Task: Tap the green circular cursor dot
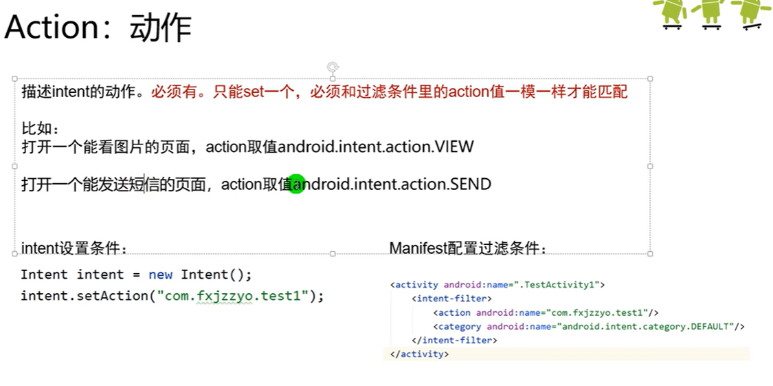click(x=296, y=184)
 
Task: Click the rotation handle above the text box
click(x=333, y=67)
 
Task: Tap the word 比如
click(x=41, y=129)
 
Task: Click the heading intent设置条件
click(x=74, y=248)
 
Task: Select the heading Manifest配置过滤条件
click(x=468, y=248)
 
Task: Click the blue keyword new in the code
click(x=161, y=275)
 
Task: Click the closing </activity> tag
click(x=419, y=354)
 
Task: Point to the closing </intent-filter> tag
click(x=454, y=340)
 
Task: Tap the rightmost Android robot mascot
click(x=752, y=13)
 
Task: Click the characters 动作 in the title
click(x=160, y=28)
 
